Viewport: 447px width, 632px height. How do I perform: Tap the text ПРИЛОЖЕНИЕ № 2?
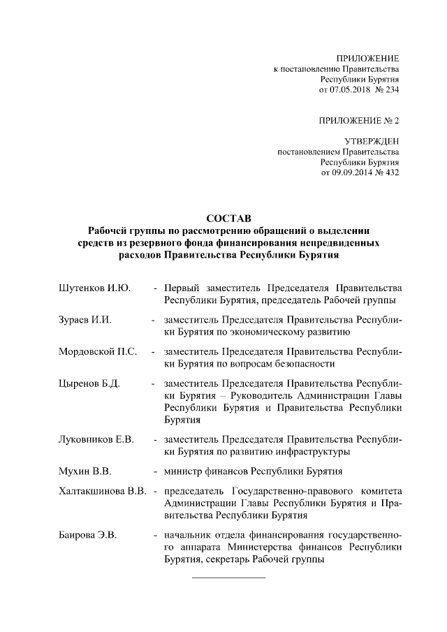tap(358, 120)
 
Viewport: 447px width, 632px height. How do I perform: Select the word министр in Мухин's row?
tap(184, 471)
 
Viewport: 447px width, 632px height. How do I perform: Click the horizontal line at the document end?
tap(228, 578)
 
